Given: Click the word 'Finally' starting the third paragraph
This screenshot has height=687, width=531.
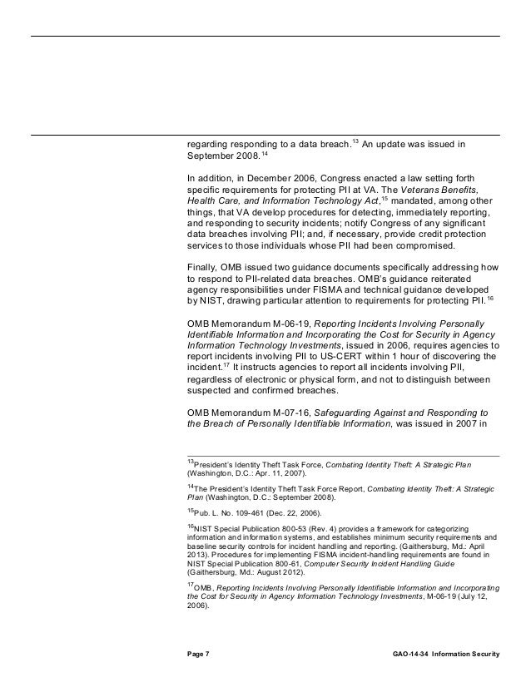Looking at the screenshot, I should click(203, 267).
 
